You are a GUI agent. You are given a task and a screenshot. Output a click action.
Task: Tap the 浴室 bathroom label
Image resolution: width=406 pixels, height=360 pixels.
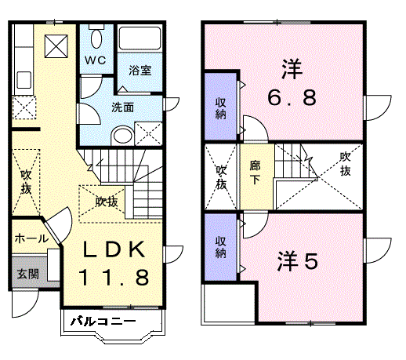(x=140, y=70)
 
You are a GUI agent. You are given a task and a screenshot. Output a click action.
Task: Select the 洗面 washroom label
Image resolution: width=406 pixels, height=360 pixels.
(x=122, y=107)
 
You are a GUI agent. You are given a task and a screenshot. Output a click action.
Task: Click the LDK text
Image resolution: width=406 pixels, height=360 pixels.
(x=114, y=250)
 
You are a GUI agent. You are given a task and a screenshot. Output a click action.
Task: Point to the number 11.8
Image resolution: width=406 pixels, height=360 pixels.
(x=114, y=277)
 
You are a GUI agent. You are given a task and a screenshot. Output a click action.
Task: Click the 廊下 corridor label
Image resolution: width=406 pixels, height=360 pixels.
(x=255, y=172)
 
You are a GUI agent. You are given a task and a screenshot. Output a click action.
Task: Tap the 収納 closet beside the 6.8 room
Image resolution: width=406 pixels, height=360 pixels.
(x=220, y=107)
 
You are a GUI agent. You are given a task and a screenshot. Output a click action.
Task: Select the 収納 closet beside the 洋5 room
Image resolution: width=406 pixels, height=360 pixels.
(x=220, y=247)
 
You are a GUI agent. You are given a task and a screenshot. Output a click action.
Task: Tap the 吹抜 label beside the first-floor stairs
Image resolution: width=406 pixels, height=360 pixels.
(x=107, y=202)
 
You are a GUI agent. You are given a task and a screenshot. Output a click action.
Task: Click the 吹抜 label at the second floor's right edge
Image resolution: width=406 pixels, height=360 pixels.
(x=345, y=163)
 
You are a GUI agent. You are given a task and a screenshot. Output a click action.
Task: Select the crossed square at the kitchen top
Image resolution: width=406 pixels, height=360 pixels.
(x=56, y=45)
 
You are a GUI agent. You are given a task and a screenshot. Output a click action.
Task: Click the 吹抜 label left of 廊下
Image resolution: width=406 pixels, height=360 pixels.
(x=222, y=176)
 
